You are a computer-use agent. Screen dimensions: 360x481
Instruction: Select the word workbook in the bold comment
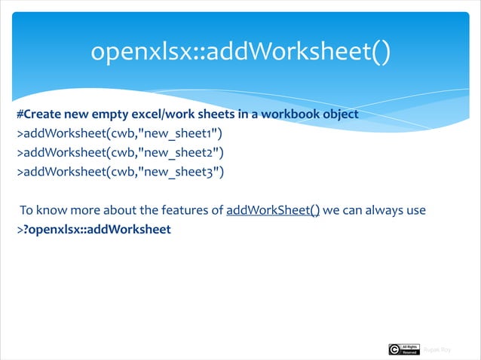pos(286,116)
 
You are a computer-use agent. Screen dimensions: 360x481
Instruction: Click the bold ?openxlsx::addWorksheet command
pos(97,228)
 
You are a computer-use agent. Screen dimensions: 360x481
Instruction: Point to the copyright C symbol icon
pos(394,349)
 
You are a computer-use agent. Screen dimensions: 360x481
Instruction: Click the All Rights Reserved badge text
pos(409,349)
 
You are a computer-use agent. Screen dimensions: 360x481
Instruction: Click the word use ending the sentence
pos(416,209)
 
